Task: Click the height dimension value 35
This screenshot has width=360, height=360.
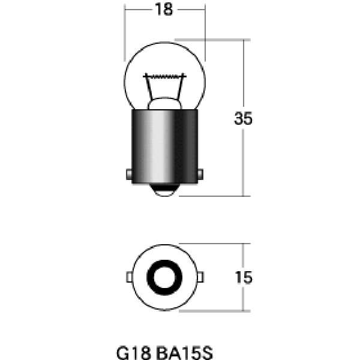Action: click(243, 119)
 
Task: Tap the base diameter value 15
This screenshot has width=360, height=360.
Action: click(243, 278)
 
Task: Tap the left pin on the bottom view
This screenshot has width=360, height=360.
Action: click(128, 277)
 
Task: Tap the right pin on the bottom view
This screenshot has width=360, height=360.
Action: click(200, 277)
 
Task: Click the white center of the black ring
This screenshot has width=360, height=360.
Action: click(164, 277)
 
